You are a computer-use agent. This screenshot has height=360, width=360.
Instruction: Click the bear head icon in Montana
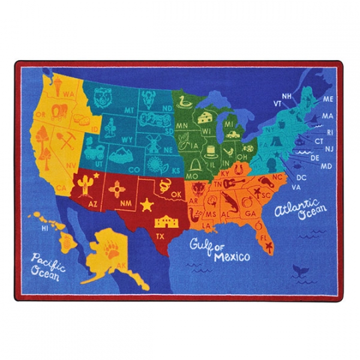pos(103,95)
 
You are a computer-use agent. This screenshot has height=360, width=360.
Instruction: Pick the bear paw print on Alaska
pos(111,251)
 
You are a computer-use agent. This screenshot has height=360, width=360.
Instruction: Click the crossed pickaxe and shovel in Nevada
pos(85,141)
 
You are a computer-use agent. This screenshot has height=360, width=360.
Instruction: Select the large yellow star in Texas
pos(146,205)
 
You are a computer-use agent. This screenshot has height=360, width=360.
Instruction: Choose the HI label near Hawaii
pos(45,228)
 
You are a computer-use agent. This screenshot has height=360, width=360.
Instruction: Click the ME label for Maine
pos(327,99)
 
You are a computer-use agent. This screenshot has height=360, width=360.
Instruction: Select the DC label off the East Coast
pos(301,177)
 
